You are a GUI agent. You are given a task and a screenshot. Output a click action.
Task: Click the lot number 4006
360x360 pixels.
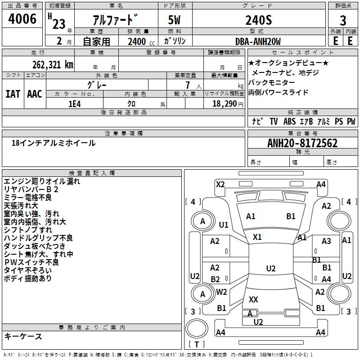(x=22, y=19)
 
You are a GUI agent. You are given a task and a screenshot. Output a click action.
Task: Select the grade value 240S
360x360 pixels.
(x=258, y=20)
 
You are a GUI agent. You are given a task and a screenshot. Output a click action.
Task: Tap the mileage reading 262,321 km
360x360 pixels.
(x=53, y=64)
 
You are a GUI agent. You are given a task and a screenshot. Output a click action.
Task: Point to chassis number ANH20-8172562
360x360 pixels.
(x=302, y=144)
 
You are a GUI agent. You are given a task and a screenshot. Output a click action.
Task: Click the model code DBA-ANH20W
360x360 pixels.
(x=258, y=41)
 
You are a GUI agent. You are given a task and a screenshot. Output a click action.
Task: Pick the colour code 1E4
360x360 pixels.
(x=74, y=103)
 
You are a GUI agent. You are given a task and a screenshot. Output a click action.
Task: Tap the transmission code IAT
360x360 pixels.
(x=13, y=94)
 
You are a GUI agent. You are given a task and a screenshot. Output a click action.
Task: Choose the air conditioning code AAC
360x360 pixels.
(x=35, y=94)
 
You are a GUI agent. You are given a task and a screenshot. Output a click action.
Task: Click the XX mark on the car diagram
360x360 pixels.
(x=253, y=299)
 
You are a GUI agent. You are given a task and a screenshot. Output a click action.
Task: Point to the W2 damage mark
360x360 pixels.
(x=221, y=292)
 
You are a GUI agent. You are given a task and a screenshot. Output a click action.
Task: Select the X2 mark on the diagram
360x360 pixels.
(x=220, y=184)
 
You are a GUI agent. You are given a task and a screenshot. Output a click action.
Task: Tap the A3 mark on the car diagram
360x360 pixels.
(x=326, y=241)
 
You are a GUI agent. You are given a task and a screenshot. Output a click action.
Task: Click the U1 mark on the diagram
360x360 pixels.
(x=224, y=225)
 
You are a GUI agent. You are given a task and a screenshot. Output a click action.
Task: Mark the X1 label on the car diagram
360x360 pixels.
(x=257, y=237)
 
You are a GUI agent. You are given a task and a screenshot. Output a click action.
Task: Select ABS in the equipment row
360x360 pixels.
(x=289, y=121)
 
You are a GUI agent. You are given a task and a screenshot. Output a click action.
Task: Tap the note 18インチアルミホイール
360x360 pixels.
(x=54, y=143)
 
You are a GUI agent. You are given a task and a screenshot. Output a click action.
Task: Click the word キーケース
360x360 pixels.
(x=23, y=336)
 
